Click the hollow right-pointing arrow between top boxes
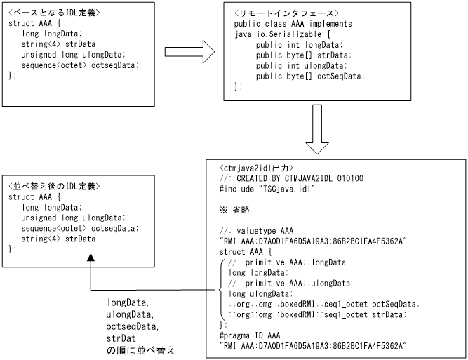click(x=189, y=51)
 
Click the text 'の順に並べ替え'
click(x=140, y=348)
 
